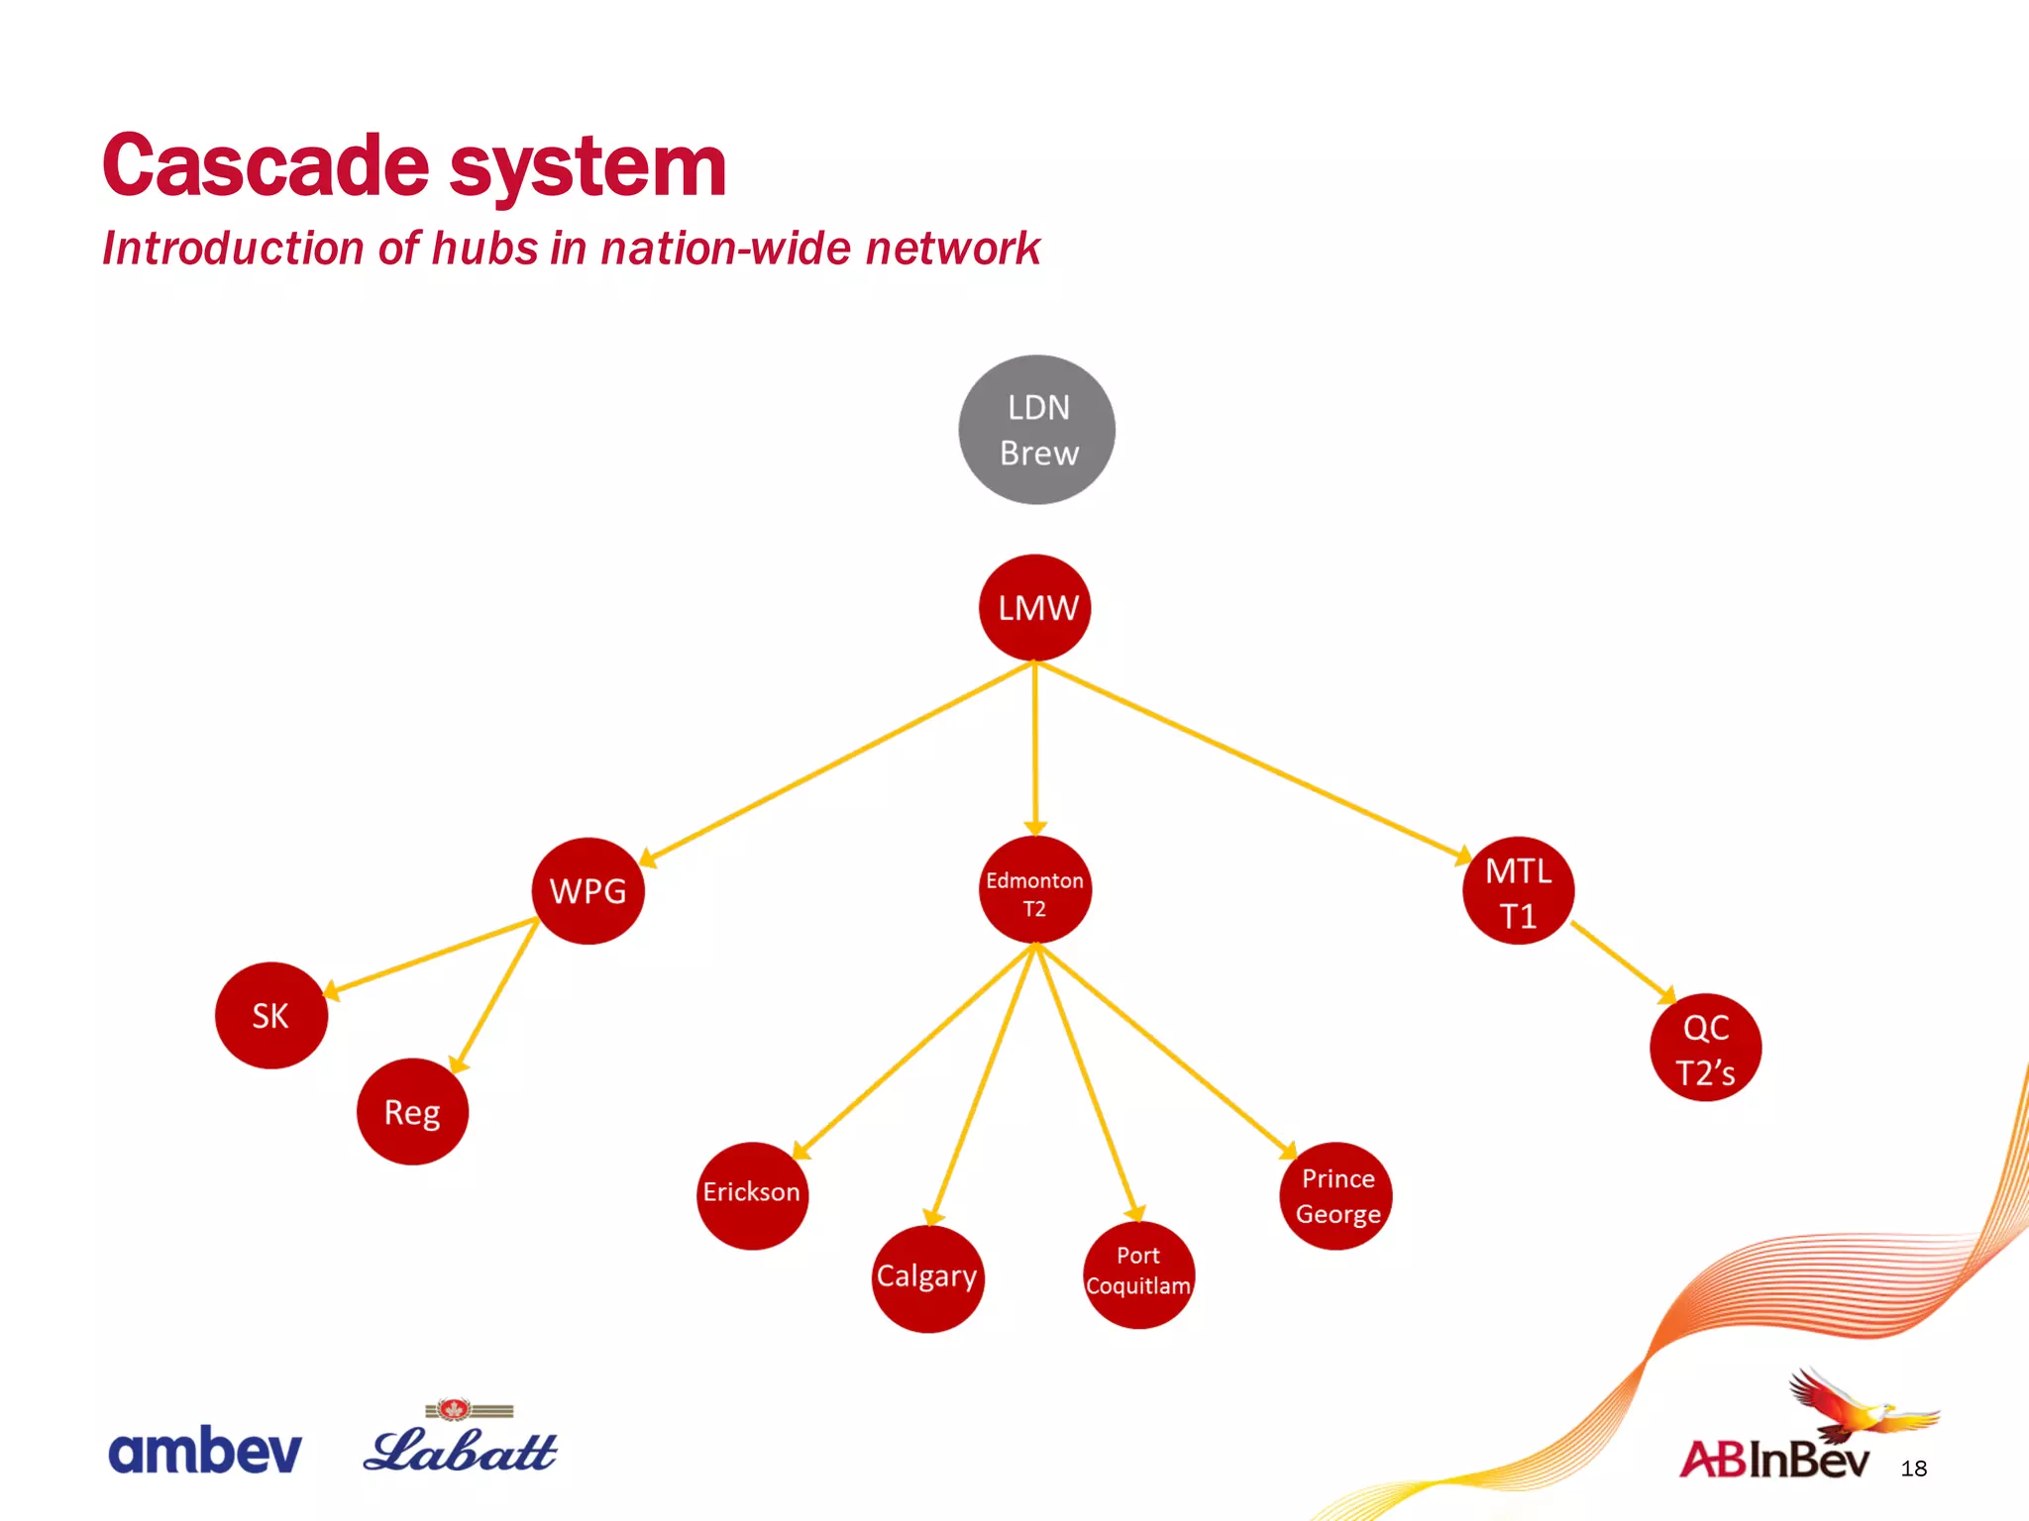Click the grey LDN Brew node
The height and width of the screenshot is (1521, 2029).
tap(1036, 430)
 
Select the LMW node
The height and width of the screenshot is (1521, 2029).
tap(1035, 607)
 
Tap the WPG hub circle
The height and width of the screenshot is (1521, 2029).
tap(587, 890)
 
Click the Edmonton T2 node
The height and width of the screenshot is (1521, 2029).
tap(1034, 890)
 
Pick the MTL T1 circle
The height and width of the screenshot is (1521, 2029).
tap(1518, 891)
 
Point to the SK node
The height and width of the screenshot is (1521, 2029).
tap(270, 1015)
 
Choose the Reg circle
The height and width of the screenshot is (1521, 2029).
tap(412, 1111)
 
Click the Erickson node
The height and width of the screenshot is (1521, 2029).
tap(752, 1194)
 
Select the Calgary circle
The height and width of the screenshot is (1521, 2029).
tap(927, 1278)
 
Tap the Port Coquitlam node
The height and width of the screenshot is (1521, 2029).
tap(1138, 1274)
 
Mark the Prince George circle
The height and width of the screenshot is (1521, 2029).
tap(1336, 1195)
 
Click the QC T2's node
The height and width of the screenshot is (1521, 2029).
tap(1705, 1048)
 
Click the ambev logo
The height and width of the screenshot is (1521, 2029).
tap(204, 1451)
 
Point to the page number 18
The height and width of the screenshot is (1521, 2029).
tap(1913, 1469)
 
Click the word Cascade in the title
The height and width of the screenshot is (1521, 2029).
tap(265, 166)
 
